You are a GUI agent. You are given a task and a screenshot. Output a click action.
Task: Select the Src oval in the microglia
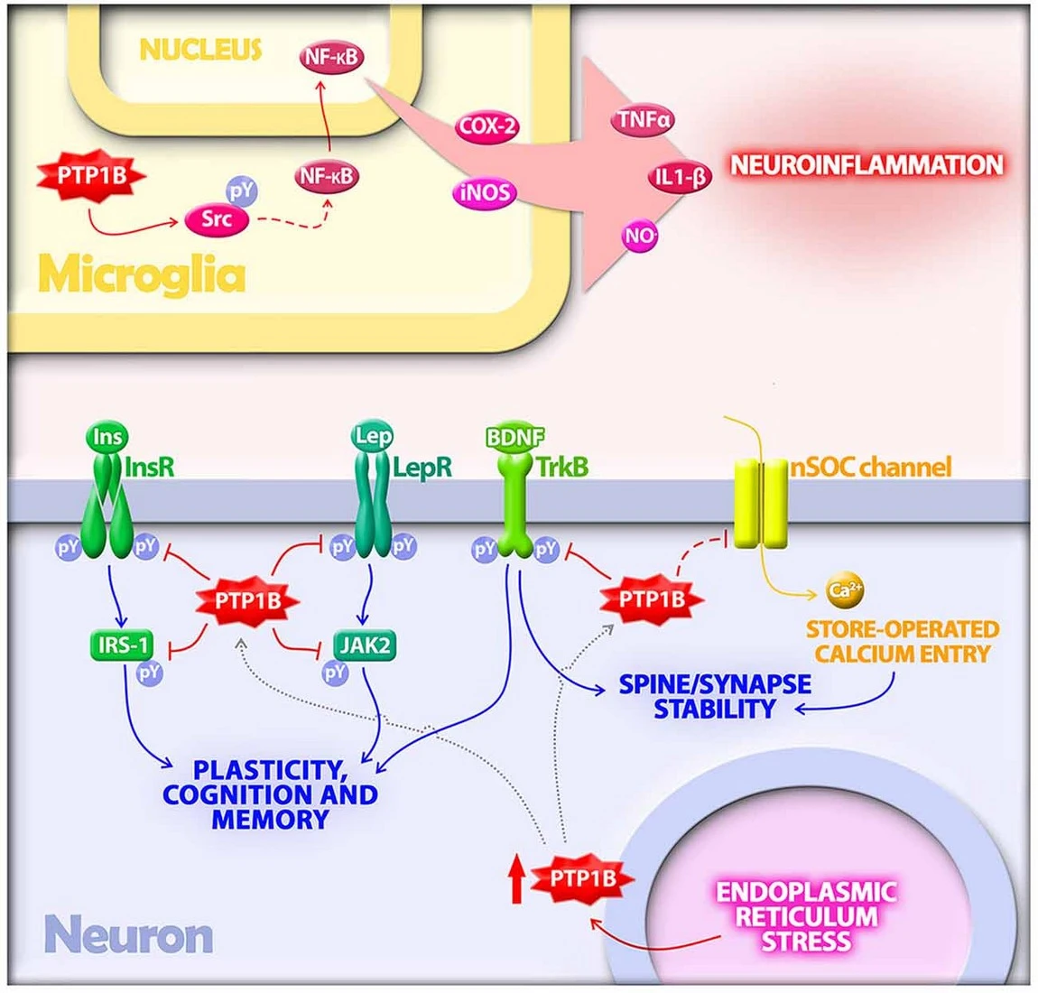[216, 219]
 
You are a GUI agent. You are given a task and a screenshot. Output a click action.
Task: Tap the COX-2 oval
[487, 125]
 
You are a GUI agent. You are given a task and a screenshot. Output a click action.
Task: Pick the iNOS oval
[486, 192]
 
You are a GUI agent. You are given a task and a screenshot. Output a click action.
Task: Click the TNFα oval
[644, 119]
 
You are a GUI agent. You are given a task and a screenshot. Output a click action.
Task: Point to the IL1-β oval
[680, 178]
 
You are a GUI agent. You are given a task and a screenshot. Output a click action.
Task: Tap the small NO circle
[640, 237]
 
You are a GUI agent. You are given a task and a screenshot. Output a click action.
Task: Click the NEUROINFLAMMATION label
[867, 165]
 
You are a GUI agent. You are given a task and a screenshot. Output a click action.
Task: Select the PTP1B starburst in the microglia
[92, 175]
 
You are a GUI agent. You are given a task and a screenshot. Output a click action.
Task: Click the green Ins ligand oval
[107, 438]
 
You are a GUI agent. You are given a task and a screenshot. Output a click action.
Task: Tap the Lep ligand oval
[373, 437]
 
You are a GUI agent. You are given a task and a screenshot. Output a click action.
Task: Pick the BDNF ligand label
[515, 438]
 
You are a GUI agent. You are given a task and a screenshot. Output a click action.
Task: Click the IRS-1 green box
[122, 645]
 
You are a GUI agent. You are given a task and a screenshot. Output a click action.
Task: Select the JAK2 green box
[364, 645]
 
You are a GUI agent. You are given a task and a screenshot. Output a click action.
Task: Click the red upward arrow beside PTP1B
[515, 879]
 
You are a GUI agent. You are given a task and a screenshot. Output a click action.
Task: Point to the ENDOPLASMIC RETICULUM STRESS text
[806, 916]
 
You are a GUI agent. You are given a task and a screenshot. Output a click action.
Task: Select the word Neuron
[129, 935]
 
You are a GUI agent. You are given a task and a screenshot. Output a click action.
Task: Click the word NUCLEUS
[201, 50]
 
